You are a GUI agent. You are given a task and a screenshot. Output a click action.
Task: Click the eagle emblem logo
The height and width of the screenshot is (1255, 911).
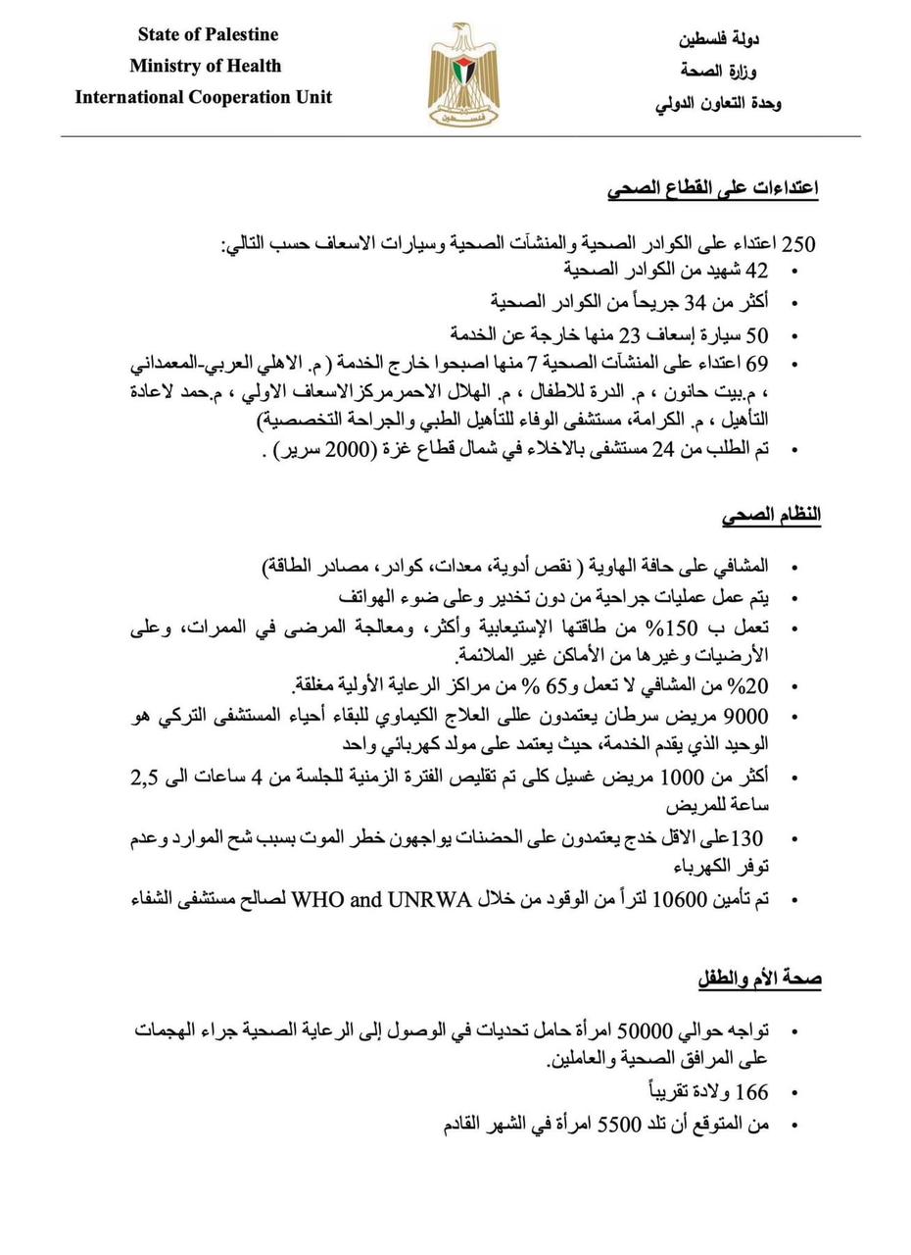pos(463,75)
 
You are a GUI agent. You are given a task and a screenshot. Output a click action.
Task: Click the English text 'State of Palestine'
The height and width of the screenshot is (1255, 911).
pos(208,34)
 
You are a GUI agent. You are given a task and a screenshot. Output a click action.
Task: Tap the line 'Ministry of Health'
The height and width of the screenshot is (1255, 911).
pos(205,66)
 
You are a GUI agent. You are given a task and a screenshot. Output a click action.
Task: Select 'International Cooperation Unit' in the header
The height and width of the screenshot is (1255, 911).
pos(204,97)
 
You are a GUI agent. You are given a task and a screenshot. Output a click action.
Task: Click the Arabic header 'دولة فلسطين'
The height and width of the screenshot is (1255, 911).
pos(719,39)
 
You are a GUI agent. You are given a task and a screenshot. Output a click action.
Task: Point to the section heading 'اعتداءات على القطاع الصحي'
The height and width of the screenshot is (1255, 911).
pos(712,188)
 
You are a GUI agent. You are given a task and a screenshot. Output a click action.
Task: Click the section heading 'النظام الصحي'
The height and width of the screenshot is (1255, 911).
pos(771,515)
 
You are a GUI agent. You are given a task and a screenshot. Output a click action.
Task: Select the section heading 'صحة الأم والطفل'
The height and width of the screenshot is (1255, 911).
pos(759,979)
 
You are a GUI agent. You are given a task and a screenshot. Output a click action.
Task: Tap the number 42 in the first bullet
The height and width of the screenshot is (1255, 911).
pos(757,271)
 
